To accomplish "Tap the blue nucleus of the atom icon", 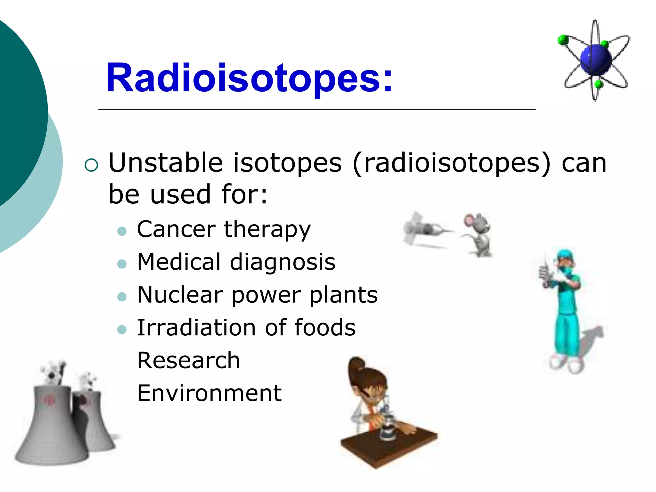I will coord(596,60).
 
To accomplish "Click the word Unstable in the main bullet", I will coord(165,163).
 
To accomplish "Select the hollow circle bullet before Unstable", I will coord(91,165).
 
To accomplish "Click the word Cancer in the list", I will coord(176,229).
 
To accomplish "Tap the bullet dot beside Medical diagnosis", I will coord(122,264).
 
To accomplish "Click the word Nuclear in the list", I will coord(180,295).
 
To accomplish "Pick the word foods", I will coord(325,327).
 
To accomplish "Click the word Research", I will coord(188,360).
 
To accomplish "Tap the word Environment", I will coord(209,393).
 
